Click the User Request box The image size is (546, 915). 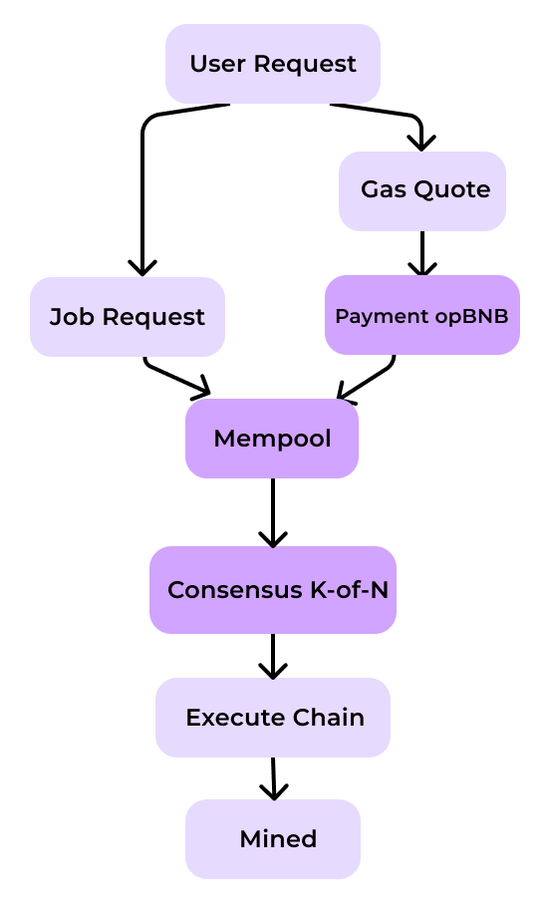273,64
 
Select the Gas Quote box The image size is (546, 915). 422,191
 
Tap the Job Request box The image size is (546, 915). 128,317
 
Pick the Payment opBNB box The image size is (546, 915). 422,315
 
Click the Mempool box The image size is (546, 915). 272,439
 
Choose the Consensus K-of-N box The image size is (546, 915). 273,590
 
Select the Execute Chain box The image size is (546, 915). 273,718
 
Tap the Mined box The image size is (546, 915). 273,839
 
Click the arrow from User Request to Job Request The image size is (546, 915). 142,175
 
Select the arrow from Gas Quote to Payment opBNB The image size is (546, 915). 422,253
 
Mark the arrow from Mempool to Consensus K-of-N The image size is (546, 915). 273,512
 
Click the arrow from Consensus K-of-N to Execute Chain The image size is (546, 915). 273,656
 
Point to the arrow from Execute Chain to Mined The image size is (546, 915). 274,778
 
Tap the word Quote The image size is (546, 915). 457,189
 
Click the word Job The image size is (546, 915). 71,317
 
